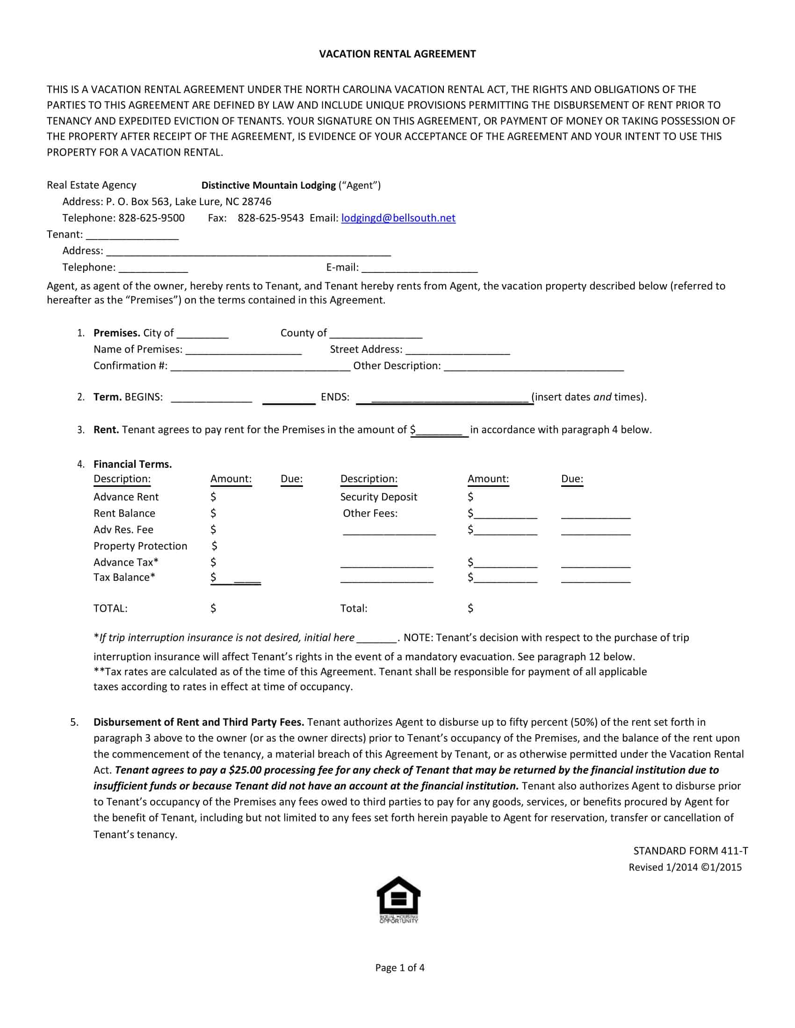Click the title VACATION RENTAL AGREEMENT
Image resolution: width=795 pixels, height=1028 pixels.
(x=397, y=54)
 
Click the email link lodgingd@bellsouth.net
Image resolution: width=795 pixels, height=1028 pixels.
(x=398, y=218)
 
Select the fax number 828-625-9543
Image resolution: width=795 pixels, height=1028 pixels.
(x=270, y=218)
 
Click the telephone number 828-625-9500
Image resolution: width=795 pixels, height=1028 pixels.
(x=151, y=218)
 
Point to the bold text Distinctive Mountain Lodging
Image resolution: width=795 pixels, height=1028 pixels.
(x=268, y=186)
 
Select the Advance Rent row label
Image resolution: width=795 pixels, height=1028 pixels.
(x=126, y=497)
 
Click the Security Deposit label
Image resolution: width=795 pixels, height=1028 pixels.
(x=379, y=497)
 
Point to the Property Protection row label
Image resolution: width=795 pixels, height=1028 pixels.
(x=140, y=546)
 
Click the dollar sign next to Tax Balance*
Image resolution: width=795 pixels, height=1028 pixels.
(x=213, y=578)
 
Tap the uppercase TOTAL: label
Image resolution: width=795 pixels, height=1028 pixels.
(x=110, y=608)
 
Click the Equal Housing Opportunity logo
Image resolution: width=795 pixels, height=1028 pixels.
(x=398, y=900)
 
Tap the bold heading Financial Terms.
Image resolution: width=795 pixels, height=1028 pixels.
(x=132, y=464)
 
